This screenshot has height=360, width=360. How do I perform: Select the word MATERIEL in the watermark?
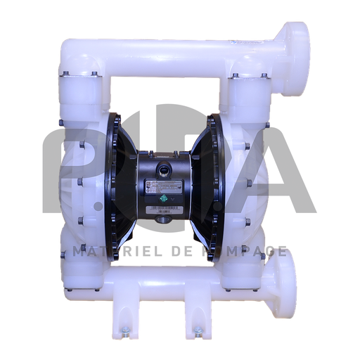pos(94,251)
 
